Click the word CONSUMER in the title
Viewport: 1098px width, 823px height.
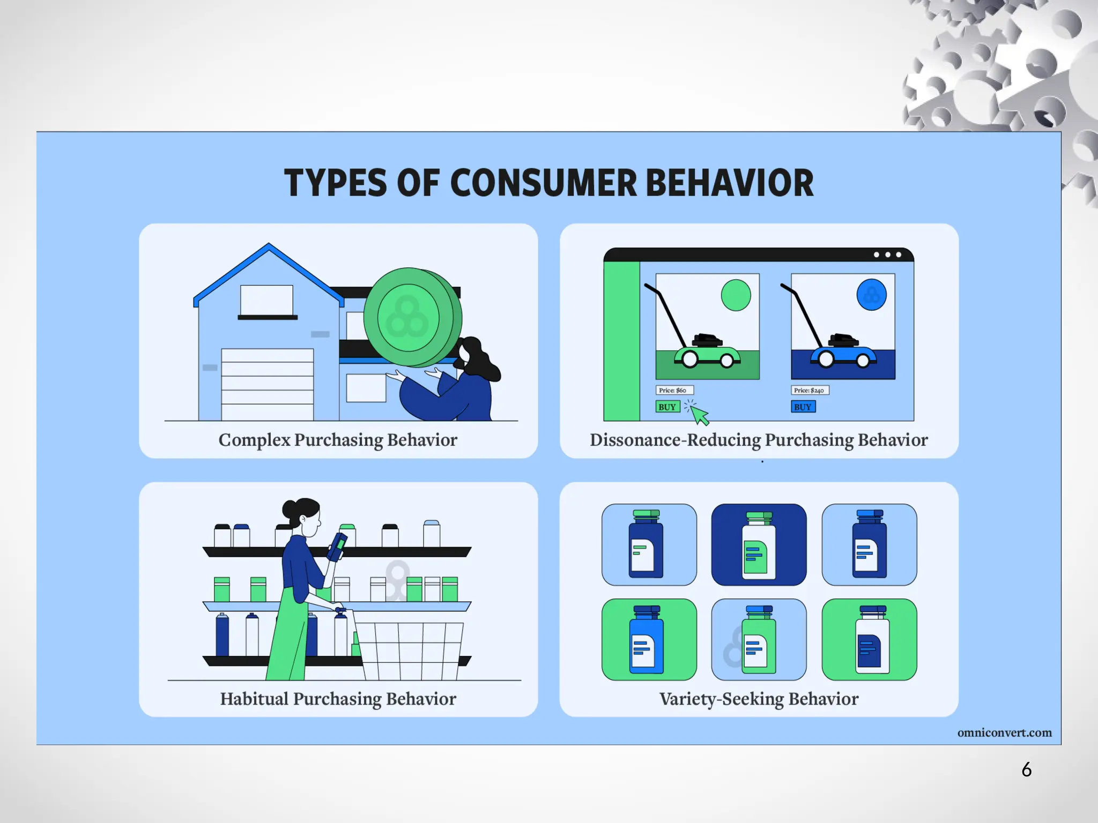pyautogui.click(x=543, y=183)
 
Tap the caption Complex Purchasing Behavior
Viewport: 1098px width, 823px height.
pyautogui.click(x=338, y=440)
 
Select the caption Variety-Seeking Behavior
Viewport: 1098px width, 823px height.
pyautogui.click(x=759, y=699)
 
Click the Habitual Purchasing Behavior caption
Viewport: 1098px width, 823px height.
pyautogui.click(x=338, y=699)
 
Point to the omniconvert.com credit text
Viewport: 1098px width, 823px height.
pyautogui.click(x=1004, y=732)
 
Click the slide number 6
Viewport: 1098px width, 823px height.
pyautogui.click(x=1026, y=770)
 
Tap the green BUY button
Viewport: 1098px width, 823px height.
pyautogui.click(x=667, y=407)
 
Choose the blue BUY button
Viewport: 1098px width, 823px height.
pyautogui.click(x=803, y=407)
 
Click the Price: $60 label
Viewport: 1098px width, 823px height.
pyautogui.click(x=674, y=390)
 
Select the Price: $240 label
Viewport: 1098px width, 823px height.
pyautogui.click(x=810, y=390)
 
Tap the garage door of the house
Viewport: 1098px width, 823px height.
pyautogui.click(x=267, y=384)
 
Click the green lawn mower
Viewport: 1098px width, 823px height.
pyautogui.click(x=707, y=353)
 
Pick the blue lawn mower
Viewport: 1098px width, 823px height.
pyautogui.click(x=843, y=353)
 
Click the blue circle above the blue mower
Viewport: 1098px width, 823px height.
pyautogui.click(x=871, y=295)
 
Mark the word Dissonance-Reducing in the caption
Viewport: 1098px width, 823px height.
pyautogui.click(x=675, y=440)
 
